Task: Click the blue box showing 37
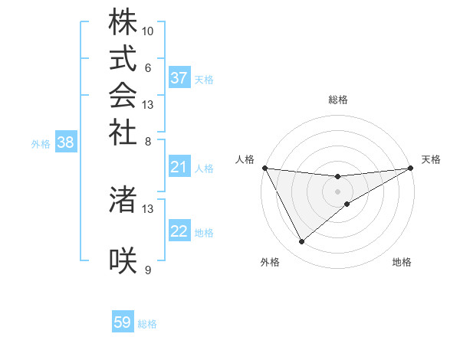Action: tap(179, 78)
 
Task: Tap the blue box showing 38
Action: tap(65, 142)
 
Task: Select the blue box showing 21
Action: tap(179, 167)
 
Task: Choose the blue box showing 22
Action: tap(179, 231)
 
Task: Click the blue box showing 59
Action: tap(123, 322)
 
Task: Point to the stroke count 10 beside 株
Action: tap(148, 31)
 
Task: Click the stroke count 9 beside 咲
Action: tap(148, 270)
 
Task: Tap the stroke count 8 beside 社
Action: tap(148, 140)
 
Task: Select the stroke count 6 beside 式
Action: tap(148, 67)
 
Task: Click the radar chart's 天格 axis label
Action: tap(431, 159)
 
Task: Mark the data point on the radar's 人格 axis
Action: tap(265, 168)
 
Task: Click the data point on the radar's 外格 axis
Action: tap(301, 242)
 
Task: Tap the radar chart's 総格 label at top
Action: tap(338, 100)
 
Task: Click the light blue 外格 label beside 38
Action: tap(41, 142)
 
